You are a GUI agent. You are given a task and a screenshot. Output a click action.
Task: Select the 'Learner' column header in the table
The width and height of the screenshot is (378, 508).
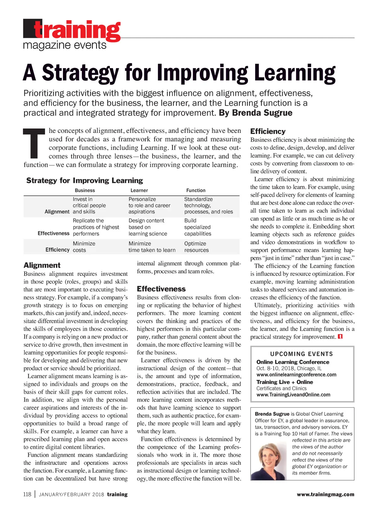point(139,190)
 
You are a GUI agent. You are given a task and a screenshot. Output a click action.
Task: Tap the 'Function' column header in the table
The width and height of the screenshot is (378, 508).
point(196,190)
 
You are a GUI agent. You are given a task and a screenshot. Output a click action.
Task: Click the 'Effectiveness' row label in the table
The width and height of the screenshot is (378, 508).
point(54,233)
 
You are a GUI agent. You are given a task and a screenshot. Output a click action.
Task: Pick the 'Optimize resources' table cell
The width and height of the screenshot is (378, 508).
point(197,247)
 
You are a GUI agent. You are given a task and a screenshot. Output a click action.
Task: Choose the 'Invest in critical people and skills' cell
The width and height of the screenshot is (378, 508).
point(89,205)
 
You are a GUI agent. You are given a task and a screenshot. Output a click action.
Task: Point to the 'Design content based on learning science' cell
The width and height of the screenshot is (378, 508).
point(148,227)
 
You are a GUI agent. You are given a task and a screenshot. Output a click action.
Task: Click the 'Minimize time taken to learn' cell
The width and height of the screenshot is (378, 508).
point(152,247)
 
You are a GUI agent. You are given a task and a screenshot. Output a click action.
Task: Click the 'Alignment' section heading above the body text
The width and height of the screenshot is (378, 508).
point(42,265)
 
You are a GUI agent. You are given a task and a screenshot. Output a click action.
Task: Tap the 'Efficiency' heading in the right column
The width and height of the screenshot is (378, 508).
point(268,131)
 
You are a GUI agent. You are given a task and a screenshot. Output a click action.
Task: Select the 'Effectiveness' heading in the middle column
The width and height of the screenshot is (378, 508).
point(161,289)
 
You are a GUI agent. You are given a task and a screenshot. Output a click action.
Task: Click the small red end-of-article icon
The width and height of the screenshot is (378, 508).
point(340,336)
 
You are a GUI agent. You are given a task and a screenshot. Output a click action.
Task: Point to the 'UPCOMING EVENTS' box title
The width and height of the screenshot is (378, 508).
point(301,354)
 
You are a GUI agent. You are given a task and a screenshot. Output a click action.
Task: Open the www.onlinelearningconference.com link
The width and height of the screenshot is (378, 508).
point(296,375)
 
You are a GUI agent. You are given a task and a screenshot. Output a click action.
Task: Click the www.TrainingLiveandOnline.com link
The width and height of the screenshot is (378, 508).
point(293,395)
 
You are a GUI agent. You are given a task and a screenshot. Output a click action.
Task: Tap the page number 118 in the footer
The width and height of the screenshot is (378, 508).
point(27,494)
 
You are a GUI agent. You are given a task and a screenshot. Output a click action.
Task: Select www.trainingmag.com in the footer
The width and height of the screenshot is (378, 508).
point(325,494)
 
